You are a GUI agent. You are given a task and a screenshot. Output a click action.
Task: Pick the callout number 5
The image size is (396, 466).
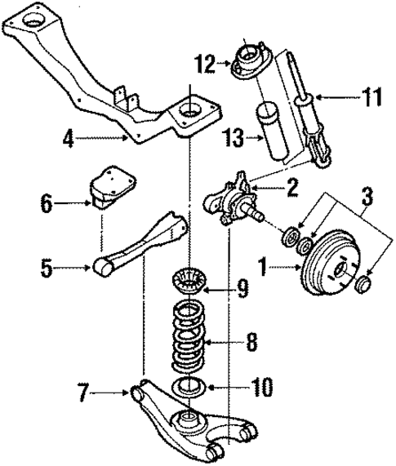pyautogui.click(x=48, y=265)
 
